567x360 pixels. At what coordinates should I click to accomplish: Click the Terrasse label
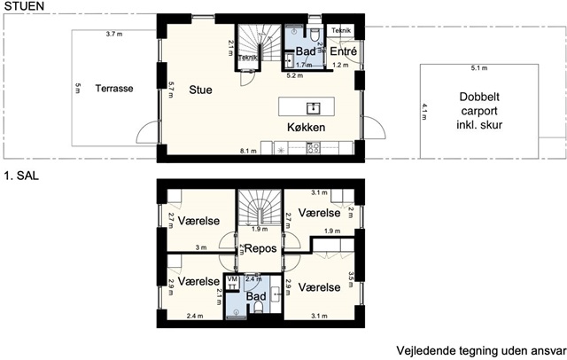click(114, 89)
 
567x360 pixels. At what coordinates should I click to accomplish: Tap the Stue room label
click(200, 90)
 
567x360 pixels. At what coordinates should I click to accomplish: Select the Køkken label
click(306, 127)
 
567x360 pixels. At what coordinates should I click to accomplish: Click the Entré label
click(344, 51)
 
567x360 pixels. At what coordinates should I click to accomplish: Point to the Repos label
click(260, 248)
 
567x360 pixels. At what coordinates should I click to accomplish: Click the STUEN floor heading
click(24, 6)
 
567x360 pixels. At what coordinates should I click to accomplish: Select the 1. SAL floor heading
click(21, 176)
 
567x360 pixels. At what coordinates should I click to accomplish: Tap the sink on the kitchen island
click(313, 108)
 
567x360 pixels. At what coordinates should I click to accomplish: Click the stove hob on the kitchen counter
click(313, 147)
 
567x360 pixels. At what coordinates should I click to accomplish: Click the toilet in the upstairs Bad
click(258, 307)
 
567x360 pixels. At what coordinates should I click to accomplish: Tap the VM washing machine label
click(232, 279)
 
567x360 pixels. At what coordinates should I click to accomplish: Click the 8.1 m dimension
click(248, 151)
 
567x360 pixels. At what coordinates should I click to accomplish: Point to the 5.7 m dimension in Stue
click(171, 90)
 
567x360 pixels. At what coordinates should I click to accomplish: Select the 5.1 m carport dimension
click(479, 68)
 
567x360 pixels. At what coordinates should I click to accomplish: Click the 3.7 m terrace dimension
click(114, 34)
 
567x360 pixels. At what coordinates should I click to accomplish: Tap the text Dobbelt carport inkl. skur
click(479, 111)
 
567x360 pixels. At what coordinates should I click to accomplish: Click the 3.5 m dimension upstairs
click(351, 279)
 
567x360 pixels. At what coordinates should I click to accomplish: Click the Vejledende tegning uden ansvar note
click(481, 351)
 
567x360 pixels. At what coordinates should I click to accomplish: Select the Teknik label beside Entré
click(341, 30)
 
